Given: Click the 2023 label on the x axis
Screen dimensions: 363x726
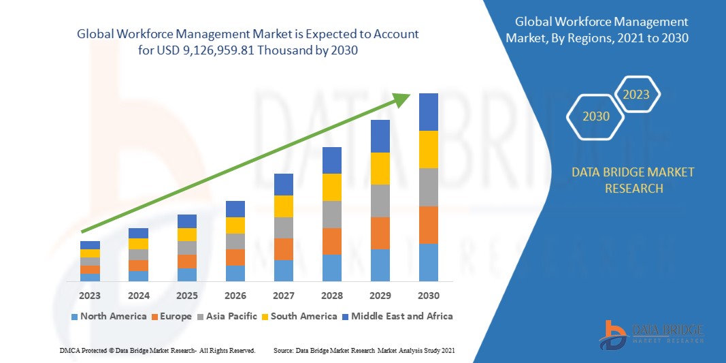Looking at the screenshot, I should pyautogui.click(x=90, y=296).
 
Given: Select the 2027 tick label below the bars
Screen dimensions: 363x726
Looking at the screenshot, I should pyautogui.click(x=284, y=296).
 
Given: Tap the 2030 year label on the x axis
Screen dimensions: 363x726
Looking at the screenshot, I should pyautogui.click(x=429, y=296).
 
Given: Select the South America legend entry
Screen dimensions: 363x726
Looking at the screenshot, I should pyautogui.click(x=299, y=316).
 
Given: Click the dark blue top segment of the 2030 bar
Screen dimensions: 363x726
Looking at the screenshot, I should pyautogui.click(x=429, y=112).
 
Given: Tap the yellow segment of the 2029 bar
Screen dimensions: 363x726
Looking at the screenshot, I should pyautogui.click(x=380, y=168).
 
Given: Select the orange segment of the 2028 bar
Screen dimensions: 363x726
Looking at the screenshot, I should pyautogui.click(x=332, y=241).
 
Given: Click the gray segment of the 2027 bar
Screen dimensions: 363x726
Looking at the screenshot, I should pyautogui.click(x=284, y=227).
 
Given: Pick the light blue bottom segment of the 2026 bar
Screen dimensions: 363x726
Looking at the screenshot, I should pyautogui.click(x=235, y=273).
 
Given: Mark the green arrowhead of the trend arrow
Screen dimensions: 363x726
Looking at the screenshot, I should pyautogui.click(x=403, y=99).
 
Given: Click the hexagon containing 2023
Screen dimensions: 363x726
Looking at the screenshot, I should pyautogui.click(x=637, y=95).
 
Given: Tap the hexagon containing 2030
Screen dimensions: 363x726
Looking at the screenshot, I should pyautogui.click(x=595, y=116).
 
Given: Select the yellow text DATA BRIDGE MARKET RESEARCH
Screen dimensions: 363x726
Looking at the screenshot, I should pyautogui.click(x=633, y=180).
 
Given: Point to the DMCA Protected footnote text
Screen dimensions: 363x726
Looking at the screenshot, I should pyautogui.click(x=157, y=350).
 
